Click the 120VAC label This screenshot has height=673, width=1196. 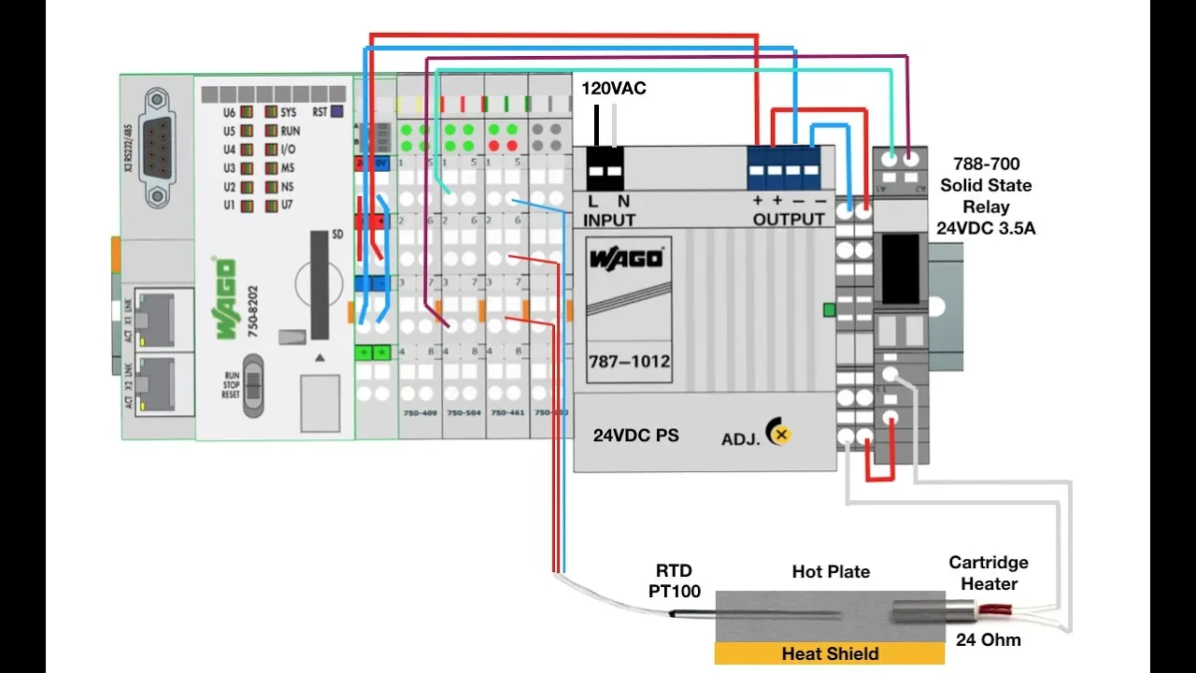point(614,89)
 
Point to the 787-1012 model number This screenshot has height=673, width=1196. point(629,361)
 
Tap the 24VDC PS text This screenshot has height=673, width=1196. point(635,436)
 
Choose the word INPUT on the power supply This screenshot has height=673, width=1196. point(609,220)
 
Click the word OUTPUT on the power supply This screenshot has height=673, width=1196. point(789,220)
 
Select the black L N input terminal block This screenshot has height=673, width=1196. point(605,168)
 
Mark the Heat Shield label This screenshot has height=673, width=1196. point(830,653)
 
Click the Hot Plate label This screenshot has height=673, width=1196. point(831,571)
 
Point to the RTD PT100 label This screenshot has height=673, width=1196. point(675,580)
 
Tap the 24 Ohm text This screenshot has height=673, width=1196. point(989,640)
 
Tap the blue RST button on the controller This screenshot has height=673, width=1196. point(337,111)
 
